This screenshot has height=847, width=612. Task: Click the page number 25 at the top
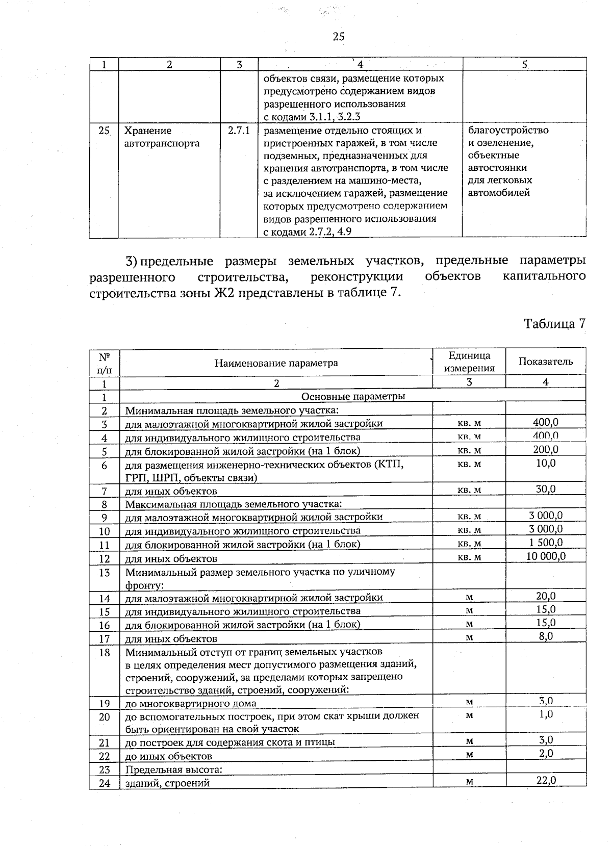338,36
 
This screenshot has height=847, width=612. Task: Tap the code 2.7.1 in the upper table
239,131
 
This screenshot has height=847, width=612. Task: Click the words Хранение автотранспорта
162,137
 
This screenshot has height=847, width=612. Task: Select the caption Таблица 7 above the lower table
554,323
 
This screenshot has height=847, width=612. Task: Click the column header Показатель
546,362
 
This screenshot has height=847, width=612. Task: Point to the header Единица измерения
469,362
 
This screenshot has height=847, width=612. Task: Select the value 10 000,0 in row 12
546,556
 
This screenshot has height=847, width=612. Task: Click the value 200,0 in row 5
546,449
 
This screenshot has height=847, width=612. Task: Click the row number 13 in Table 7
105,573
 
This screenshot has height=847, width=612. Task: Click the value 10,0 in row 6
546,463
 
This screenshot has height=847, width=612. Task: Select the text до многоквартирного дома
191,704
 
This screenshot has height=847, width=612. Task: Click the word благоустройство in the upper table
508,130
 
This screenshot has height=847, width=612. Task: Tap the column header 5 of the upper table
524,64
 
